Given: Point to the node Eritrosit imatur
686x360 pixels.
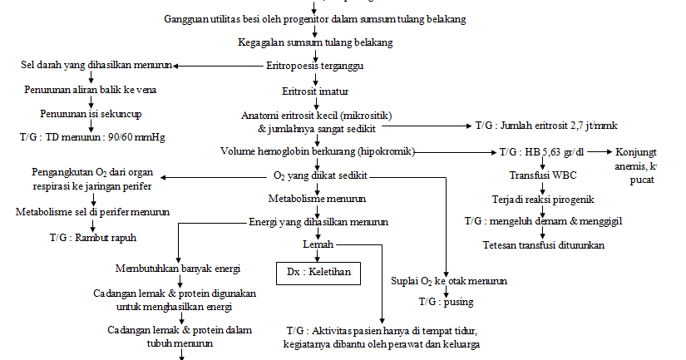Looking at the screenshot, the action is click(315, 91).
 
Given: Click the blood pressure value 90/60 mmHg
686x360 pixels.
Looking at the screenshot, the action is click(136, 136).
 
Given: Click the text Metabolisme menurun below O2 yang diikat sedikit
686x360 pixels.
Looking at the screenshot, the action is click(316, 200).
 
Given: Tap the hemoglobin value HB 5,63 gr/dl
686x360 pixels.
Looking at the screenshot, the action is click(552, 152).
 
